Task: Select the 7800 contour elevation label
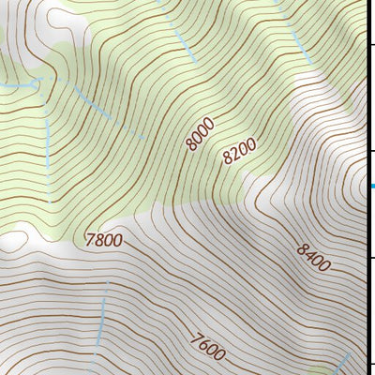point(103,240)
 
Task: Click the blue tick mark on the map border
point(372,186)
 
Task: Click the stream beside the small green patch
point(346,362)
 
